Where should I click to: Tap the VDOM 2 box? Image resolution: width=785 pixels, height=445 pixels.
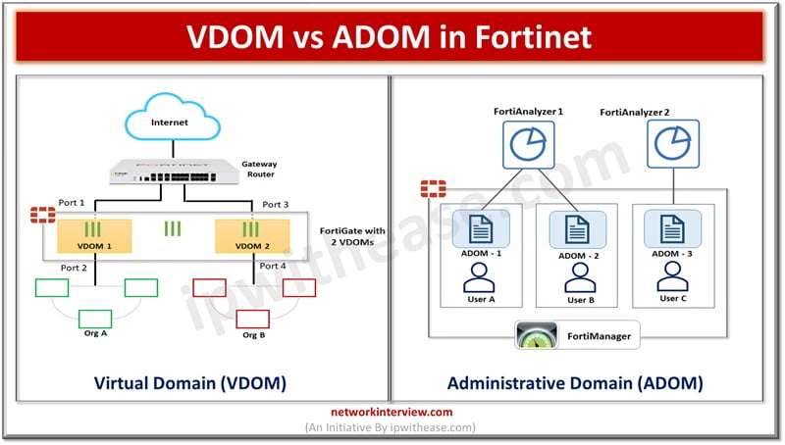click(x=253, y=235)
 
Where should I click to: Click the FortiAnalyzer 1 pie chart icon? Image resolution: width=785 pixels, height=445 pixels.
click(x=528, y=144)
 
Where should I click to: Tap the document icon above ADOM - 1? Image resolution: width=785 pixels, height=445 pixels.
click(x=481, y=230)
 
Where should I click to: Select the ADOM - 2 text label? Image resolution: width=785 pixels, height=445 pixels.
click(x=576, y=257)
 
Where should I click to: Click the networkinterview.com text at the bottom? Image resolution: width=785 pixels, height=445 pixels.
click(x=392, y=413)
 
